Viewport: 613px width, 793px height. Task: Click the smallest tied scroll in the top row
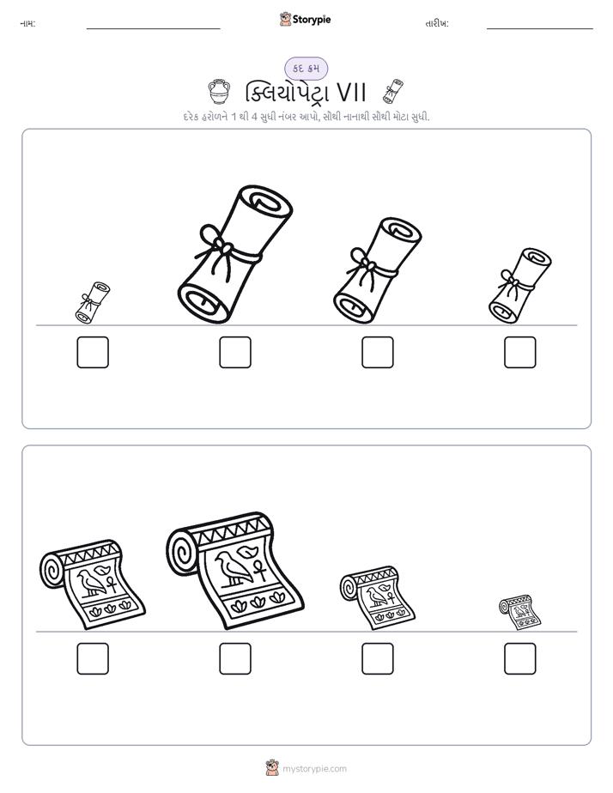pyautogui.click(x=93, y=302)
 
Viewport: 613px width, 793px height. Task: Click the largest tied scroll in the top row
pyautogui.click(x=235, y=254)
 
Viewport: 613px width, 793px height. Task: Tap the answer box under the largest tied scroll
pyautogui.click(x=235, y=352)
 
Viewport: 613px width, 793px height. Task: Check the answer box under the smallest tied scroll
pyautogui.click(x=93, y=352)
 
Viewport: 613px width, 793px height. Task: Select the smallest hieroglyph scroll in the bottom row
pyautogui.click(x=519, y=613)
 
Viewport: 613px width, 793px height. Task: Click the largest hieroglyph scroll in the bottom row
pyautogui.click(x=235, y=571)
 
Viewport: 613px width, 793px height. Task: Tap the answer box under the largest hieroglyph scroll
pyautogui.click(x=235, y=658)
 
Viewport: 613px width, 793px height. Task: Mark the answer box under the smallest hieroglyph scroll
pyautogui.click(x=520, y=658)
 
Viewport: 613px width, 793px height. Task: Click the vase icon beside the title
pyautogui.click(x=219, y=92)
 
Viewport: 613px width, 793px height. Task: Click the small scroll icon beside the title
pyautogui.click(x=393, y=91)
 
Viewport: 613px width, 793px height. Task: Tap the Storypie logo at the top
pyautogui.click(x=305, y=19)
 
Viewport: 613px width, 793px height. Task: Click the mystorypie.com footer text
pyautogui.click(x=314, y=769)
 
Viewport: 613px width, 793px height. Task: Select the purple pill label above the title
pyautogui.click(x=306, y=69)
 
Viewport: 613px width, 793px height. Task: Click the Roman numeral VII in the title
pyautogui.click(x=351, y=93)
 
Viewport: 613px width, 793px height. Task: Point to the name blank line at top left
pyautogui.click(x=153, y=29)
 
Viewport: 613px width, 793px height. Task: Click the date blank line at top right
pyautogui.click(x=540, y=29)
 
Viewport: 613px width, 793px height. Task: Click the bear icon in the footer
pyautogui.click(x=272, y=768)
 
